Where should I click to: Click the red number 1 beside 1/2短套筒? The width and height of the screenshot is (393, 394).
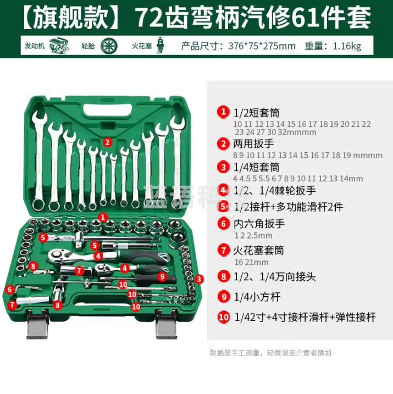tap(223, 112)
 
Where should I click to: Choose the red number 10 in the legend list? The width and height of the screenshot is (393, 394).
tap(223, 317)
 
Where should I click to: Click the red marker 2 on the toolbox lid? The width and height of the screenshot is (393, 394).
tap(108, 141)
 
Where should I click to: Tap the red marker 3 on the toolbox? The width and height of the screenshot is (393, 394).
tap(199, 279)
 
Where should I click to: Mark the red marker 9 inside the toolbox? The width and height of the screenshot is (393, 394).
tap(162, 276)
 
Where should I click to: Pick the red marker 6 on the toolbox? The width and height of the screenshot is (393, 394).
tap(9, 288)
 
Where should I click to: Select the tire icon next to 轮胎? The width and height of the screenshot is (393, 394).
tap(109, 46)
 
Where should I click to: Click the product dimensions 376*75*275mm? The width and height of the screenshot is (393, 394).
tap(262, 46)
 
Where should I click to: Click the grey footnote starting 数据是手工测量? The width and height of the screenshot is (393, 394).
tap(270, 353)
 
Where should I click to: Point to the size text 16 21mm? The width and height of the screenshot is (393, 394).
tap(251, 262)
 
